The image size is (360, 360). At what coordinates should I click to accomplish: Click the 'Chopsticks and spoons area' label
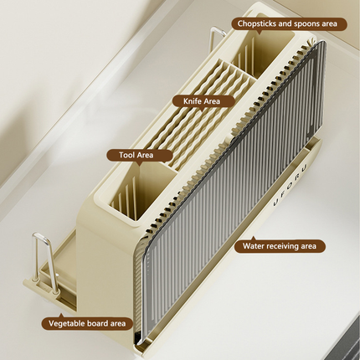[x=289, y=24]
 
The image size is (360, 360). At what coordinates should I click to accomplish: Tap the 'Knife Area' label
[x=203, y=101]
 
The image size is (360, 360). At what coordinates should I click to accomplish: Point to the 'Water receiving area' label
[x=280, y=246]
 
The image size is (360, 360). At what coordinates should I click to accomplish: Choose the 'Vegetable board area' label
[x=87, y=323]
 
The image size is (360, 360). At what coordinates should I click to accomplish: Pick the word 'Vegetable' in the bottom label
[x=66, y=324]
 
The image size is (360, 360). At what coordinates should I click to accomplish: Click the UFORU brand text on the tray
[x=290, y=185]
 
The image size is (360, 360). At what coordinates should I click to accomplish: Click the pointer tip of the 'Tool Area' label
[x=141, y=166]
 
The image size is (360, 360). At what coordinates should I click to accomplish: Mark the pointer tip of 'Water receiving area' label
[x=254, y=237]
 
